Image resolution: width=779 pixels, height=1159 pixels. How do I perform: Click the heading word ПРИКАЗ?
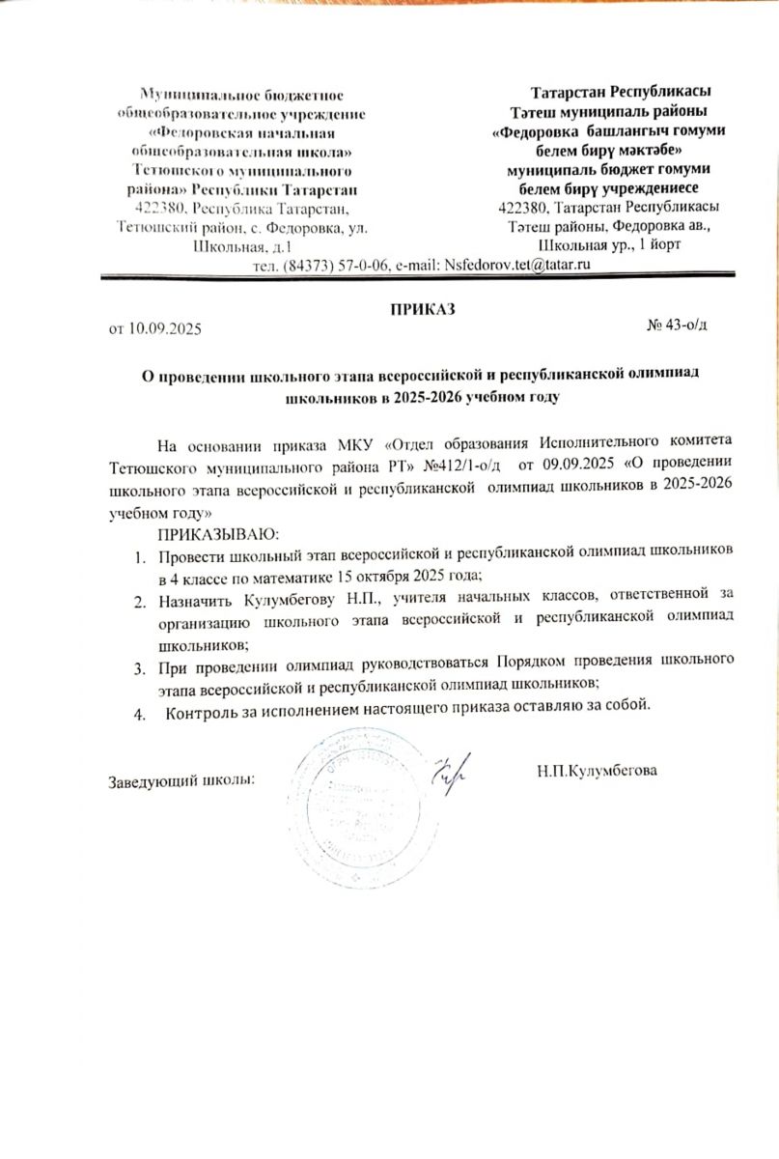423,310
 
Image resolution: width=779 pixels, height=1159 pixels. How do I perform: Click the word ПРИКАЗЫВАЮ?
218,534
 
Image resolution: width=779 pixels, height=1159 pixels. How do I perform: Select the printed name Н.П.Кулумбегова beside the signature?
598,771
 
